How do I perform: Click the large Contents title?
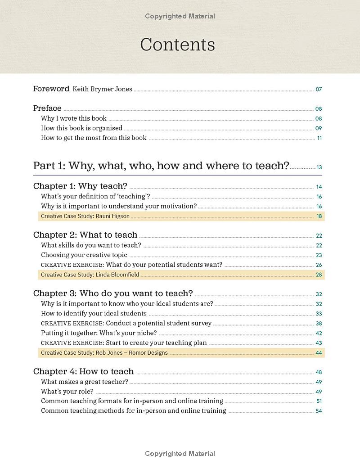(x=177, y=45)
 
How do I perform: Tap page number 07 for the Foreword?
(x=319, y=89)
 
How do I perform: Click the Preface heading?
(x=47, y=108)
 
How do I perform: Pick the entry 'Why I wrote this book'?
(x=74, y=118)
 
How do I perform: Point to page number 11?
(x=319, y=138)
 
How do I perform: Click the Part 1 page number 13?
(x=319, y=167)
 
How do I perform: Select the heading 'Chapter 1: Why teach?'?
(x=80, y=186)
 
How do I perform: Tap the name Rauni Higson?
(x=112, y=216)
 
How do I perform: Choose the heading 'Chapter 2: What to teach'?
(x=85, y=235)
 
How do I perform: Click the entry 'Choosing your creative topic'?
(x=84, y=255)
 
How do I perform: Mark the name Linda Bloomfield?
(x=117, y=275)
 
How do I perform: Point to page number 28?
(x=319, y=275)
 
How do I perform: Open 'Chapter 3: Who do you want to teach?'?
(x=113, y=293)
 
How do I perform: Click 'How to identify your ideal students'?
(x=94, y=313)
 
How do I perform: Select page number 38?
(x=319, y=324)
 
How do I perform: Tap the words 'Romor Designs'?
(x=148, y=353)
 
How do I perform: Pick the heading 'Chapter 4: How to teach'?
(x=83, y=371)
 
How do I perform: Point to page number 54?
(x=319, y=411)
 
